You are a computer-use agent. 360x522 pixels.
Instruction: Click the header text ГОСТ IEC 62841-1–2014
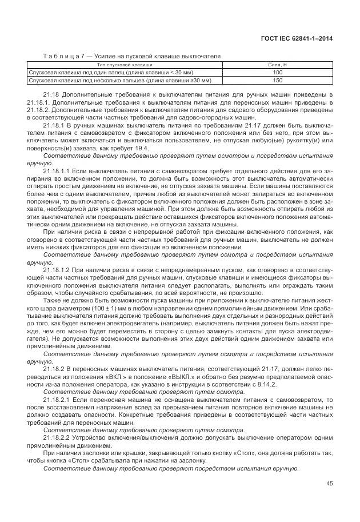pyautogui.click(x=297, y=38)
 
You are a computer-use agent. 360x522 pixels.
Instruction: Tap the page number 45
pyautogui.click(x=329, y=484)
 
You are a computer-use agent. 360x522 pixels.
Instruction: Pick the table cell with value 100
pyautogui.click(x=278, y=73)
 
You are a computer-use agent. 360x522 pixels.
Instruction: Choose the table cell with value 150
pyautogui.click(x=278, y=80)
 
